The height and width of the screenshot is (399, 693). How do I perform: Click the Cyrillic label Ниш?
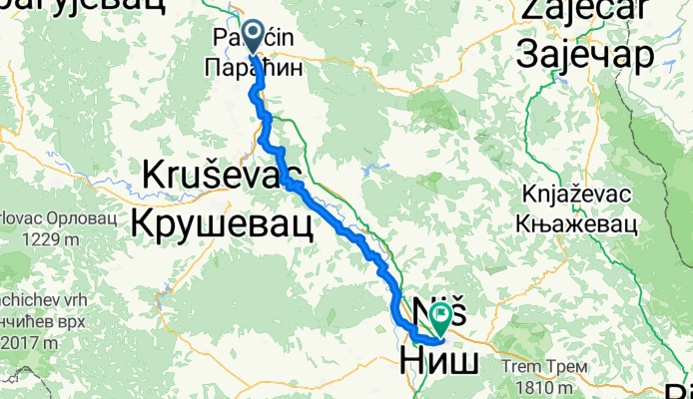(439, 357)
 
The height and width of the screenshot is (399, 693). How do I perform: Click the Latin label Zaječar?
(586, 13)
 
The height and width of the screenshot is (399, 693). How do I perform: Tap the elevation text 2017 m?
(31, 342)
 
